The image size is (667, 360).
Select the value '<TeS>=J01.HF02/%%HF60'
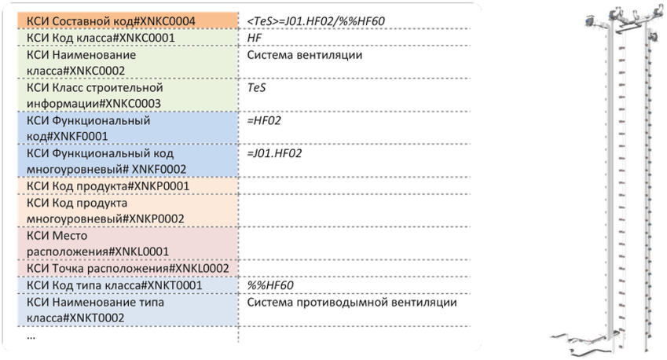[x=315, y=20]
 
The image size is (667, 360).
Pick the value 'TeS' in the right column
[x=256, y=88]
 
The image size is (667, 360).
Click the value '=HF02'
[x=264, y=121]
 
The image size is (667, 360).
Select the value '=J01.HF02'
[x=275, y=154]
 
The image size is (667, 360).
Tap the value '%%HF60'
[x=271, y=285]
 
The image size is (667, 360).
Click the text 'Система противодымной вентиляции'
[x=352, y=303]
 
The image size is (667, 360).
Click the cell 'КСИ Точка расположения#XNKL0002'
[x=127, y=269]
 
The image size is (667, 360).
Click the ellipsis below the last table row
[x=31, y=335]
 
